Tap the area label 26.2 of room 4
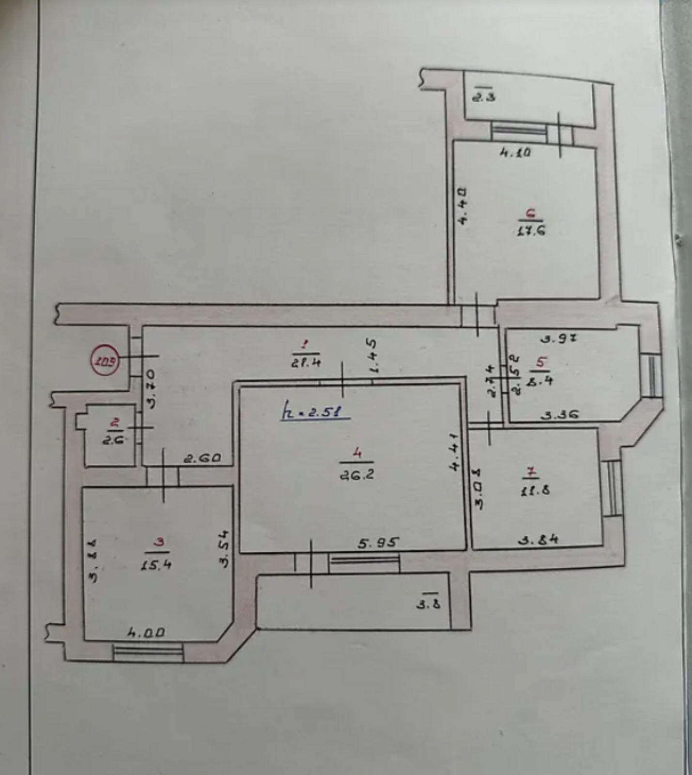356,475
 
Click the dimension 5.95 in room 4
379,543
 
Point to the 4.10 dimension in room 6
515,153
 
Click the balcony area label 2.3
484,97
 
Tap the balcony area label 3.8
429,604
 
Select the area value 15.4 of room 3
156,564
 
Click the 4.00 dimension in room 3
146,632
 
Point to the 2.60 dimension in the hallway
202,458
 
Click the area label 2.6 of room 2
114,440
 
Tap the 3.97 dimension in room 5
559,339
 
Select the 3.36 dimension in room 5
559,415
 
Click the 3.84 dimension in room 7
538,539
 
